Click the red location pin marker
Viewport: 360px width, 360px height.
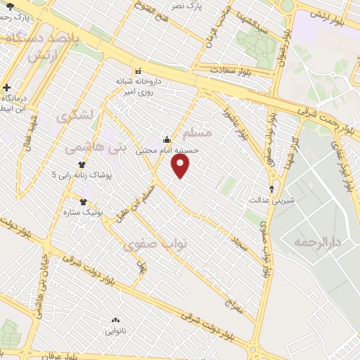pyautogui.click(x=181, y=165)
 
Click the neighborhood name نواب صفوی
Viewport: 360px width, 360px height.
pyautogui.click(x=155, y=243)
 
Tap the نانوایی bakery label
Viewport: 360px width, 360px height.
pyautogui.click(x=117, y=330)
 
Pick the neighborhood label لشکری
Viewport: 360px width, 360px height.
pyautogui.click(x=78, y=115)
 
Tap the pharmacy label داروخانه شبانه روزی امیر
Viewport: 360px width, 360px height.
pyautogui.click(x=139, y=86)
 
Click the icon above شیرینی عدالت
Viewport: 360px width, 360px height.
pyautogui.click(x=272, y=188)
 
